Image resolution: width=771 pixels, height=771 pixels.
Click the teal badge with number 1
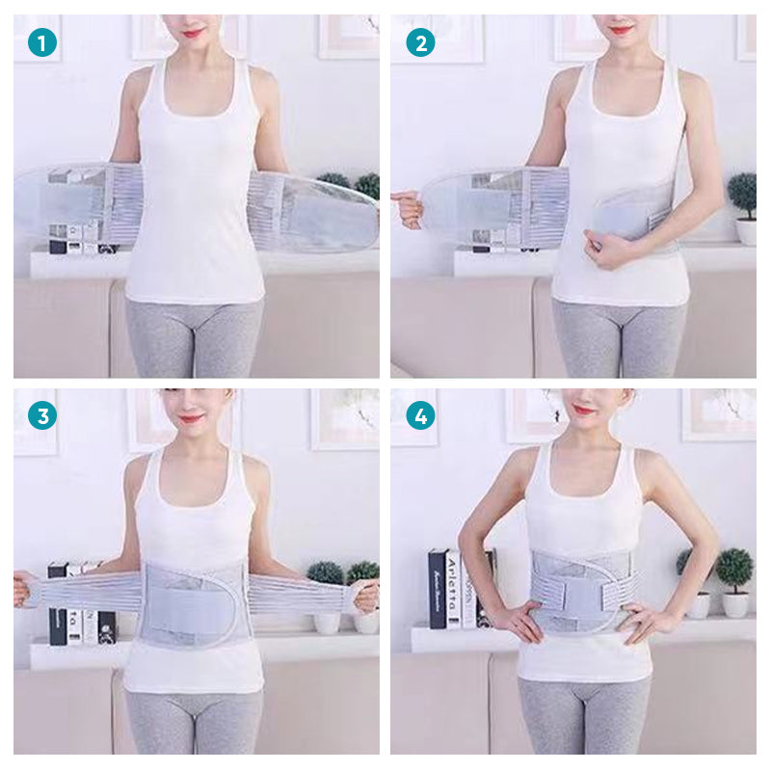coord(42,42)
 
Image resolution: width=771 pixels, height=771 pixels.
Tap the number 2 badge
coord(420,42)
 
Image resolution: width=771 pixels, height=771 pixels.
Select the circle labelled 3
coord(42,415)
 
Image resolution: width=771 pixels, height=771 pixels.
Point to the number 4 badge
coord(420,415)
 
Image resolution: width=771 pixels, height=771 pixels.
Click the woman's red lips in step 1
coord(193,33)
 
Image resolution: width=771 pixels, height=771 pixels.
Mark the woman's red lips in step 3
coord(191,418)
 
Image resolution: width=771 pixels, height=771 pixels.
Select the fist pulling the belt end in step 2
coord(408,207)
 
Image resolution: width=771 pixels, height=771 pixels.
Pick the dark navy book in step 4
coord(438,588)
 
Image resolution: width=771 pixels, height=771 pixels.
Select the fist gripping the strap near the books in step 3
coord(22,588)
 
